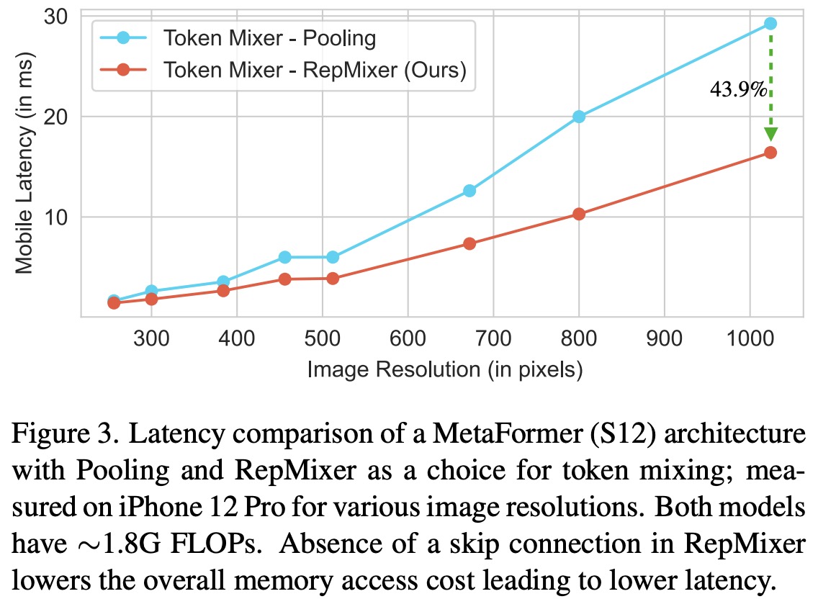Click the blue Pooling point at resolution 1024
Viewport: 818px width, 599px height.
pyautogui.click(x=770, y=23)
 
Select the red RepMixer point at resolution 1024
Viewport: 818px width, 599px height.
pyautogui.click(x=770, y=152)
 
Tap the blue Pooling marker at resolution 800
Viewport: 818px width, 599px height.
pyautogui.click(x=579, y=117)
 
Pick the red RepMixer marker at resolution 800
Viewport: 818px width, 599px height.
pyautogui.click(x=579, y=214)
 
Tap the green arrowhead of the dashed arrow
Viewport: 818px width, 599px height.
pyautogui.click(x=770, y=134)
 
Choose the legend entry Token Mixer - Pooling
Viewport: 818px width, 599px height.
pyautogui.click(x=269, y=37)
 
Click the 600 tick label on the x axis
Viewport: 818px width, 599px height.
pyautogui.click(x=408, y=338)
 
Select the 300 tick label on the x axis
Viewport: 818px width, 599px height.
pyautogui.click(x=151, y=338)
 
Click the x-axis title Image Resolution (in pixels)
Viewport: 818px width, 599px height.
pyautogui.click(x=444, y=369)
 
